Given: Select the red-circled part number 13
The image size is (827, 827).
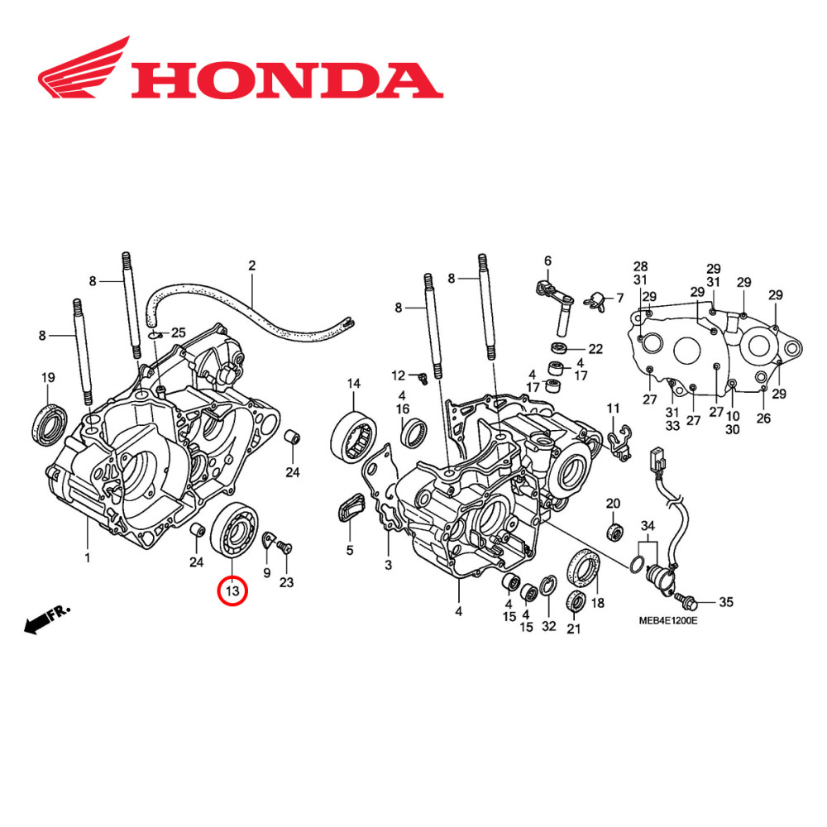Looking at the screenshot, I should click(x=232, y=591).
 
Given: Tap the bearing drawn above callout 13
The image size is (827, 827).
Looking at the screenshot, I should click(x=235, y=528).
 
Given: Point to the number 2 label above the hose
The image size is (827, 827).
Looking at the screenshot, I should click(x=252, y=265).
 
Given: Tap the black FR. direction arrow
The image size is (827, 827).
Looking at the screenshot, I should click(x=46, y=619).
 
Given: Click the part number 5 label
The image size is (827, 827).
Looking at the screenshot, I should click(x=349, y=550).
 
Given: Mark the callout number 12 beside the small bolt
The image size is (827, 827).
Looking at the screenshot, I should click(x=399, y=375).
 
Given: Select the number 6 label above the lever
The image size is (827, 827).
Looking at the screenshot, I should click(x=547, y=261).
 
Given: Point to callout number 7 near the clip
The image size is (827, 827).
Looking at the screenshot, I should click(x=619, y=298).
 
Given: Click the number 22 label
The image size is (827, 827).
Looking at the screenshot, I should click(x=595, y=348).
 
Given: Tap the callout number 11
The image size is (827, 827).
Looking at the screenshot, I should click(x=613, y=409).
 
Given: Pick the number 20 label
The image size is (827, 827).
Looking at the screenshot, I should click(x=613, y=504).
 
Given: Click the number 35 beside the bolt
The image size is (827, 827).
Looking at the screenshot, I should click(x=725, y=602).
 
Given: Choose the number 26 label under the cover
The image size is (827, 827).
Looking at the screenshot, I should click(x=762, y=418).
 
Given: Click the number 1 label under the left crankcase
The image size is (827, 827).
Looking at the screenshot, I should click(x=87, y=557).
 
